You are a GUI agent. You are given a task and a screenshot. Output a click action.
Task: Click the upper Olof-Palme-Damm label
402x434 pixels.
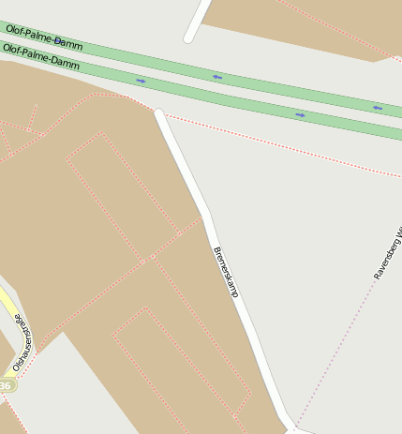pos(44,37)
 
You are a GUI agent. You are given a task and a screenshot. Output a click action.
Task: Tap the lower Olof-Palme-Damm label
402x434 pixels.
pos(42,56)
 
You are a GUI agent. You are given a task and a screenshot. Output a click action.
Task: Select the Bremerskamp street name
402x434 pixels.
pos(226,272)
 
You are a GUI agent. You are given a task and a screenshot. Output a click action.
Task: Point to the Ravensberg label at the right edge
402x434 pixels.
pos(387,253)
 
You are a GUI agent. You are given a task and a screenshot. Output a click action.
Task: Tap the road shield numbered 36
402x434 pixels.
pos(6,385)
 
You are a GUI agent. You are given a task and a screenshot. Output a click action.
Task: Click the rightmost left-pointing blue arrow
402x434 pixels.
pos(377,108)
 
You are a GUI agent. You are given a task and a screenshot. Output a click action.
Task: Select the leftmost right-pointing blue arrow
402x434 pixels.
pos(141,81)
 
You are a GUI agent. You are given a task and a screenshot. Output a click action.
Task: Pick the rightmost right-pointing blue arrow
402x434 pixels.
pos(300,114)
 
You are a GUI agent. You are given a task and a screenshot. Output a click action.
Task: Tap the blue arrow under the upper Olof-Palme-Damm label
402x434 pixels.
pos(58,41)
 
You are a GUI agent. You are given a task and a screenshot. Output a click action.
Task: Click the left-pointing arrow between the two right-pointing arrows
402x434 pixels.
pos(216,76)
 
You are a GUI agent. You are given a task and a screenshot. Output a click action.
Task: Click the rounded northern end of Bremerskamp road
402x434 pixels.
pos(160,114)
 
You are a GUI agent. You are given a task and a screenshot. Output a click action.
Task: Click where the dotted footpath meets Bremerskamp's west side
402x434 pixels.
pos(201,218)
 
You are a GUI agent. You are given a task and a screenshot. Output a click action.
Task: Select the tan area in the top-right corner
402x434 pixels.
pos(309,23)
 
